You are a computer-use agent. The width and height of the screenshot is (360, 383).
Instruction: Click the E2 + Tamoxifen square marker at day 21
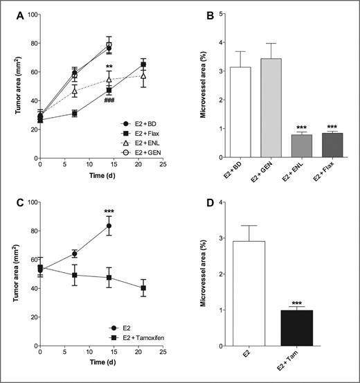click(143, 288)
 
